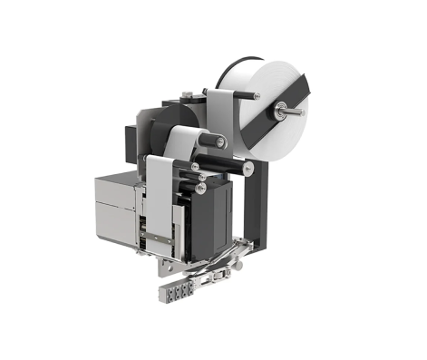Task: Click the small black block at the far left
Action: [130, 136]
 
